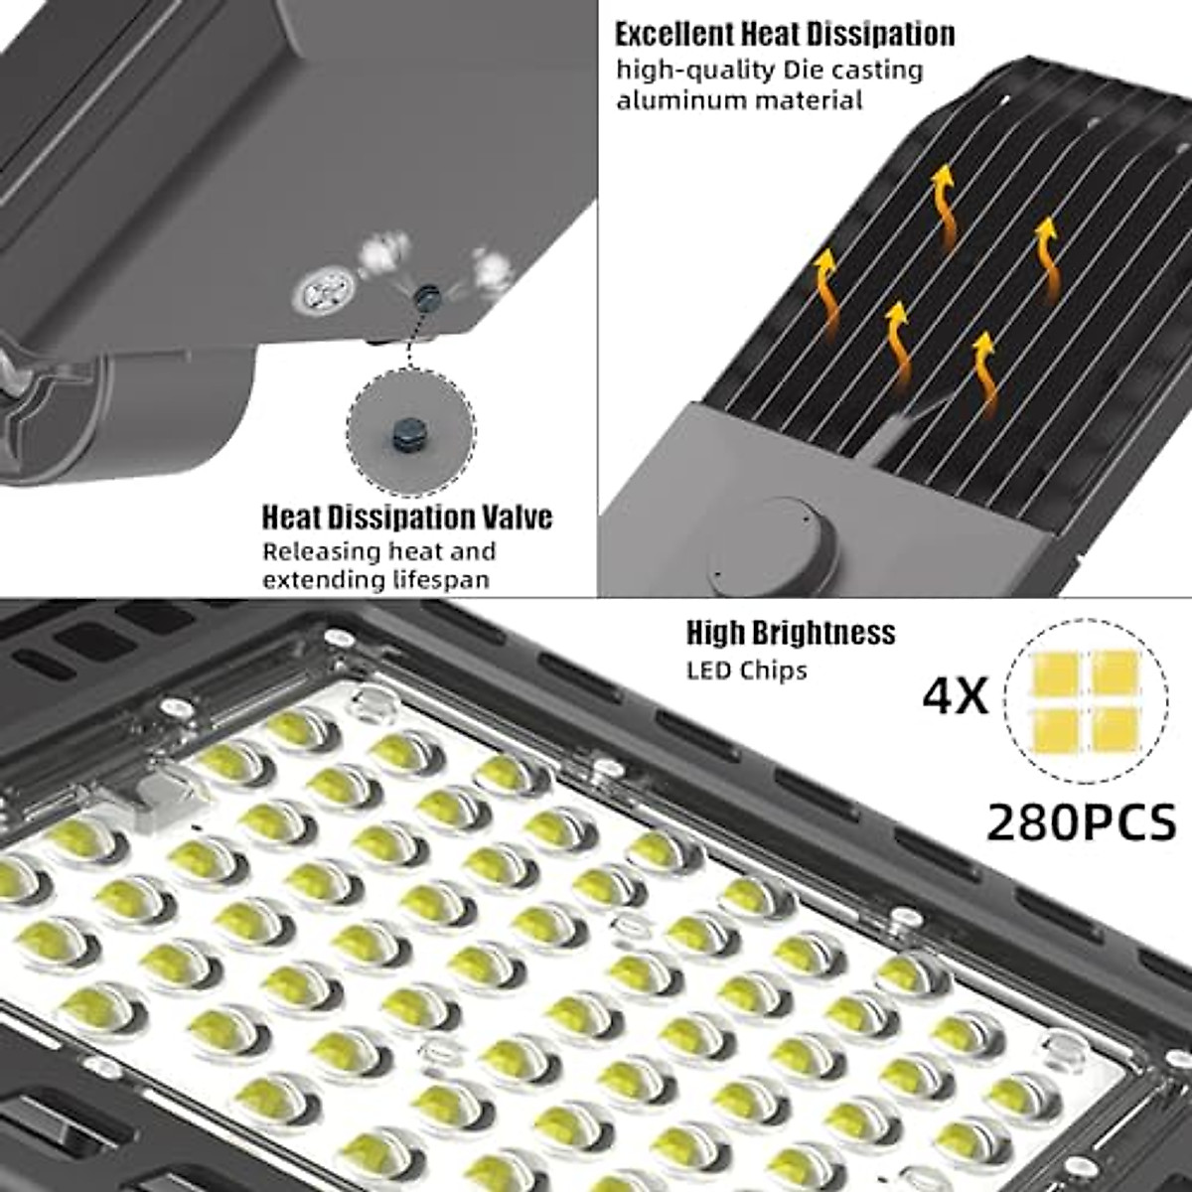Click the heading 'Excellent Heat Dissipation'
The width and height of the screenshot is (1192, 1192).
784,35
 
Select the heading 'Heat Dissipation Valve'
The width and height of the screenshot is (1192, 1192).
406,518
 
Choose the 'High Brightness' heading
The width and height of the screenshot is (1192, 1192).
790,633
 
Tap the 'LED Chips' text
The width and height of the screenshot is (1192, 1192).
746,670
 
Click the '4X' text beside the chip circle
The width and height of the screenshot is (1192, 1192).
956,697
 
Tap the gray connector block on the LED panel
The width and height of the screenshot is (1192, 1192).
159,795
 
